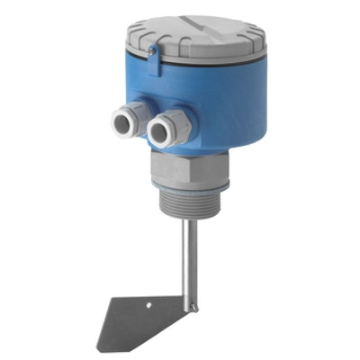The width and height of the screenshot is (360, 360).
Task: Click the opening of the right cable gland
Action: (159, 134)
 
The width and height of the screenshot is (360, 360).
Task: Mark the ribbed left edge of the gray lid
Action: (127, 40)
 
